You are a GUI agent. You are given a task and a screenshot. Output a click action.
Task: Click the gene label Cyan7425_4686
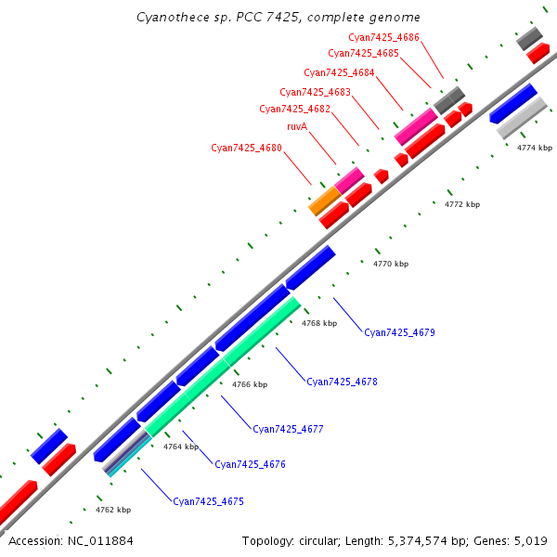click(383, 37)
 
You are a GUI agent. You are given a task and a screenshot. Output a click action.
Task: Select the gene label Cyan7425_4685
click(363, 54)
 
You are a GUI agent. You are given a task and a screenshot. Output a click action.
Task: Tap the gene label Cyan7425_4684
click(339, 72)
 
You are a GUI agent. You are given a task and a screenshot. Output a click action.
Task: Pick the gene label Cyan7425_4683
click(315, 92)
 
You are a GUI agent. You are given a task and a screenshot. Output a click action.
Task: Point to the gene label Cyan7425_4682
click(294, 109)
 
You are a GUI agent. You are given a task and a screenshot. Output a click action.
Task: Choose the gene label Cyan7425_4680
click(246, 148)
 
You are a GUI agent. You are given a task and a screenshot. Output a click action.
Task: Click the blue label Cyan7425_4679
click(399, 332)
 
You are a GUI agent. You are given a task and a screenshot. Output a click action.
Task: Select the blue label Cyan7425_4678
click(342, 382)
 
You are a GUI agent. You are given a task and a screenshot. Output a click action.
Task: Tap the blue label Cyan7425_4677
click(288, 429)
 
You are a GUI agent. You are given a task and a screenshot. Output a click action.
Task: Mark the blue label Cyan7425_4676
click(250, 464)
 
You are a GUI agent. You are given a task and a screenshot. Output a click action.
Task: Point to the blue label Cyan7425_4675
click(208, 501)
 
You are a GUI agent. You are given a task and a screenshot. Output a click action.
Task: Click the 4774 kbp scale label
click(534, 148)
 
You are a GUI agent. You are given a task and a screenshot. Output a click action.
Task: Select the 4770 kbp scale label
click(390, 265)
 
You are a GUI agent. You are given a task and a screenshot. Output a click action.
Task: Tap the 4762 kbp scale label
click(112, 510)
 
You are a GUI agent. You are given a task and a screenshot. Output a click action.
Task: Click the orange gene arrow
click(324, 200)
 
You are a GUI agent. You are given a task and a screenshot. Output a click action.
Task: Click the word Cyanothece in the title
click(167, 18)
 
